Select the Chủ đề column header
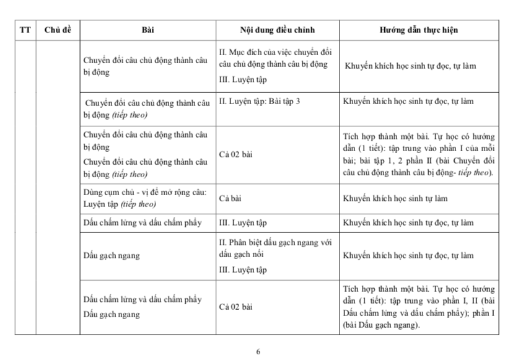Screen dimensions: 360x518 58,30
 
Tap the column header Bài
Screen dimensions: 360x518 147,30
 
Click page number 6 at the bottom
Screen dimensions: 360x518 258,351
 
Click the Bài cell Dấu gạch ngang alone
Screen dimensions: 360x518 112,255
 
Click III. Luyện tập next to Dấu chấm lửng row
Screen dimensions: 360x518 243,222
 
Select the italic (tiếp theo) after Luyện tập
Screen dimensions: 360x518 138,204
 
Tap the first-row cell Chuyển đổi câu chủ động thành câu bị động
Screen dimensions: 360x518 146,66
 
